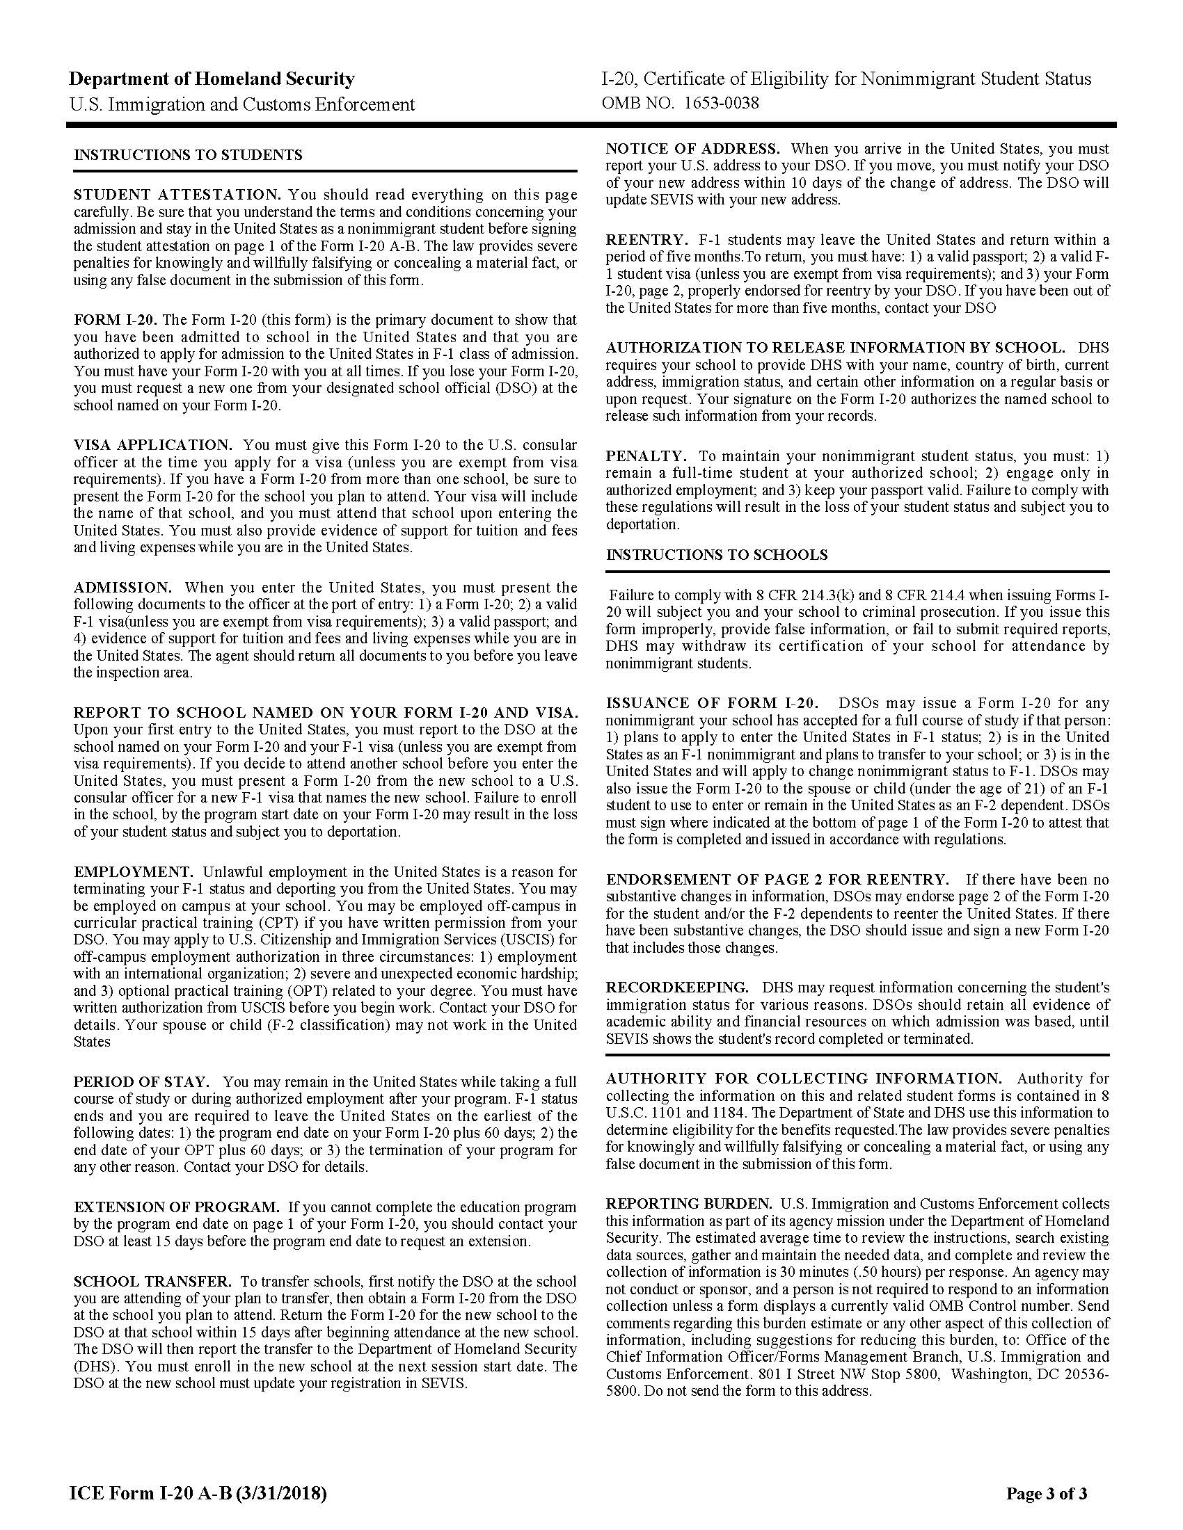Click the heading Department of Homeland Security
pyautogui.click(x=212, y=79)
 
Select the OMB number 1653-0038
pyautogui.click(x=680, y=104)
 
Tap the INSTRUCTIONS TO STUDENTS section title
pyautogui.click(x=188, y=155)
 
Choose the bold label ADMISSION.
pyautogui.click(x=122, y=587)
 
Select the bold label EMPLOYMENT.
pyautogui.click(x=133, y=872)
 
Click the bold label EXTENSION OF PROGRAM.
pyautogui.click(x=177, y=1207)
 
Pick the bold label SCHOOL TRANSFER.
pyautogui.click(x=152, y=1281)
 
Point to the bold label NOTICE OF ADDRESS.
pyautogui.click(x=692, y=149)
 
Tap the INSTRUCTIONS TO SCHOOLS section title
pyautogui.click(x=716, y=555)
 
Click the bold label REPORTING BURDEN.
pyautogui.click(x=688, y=1204)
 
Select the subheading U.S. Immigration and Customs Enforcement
pyautogui.click(x=241, y=104)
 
